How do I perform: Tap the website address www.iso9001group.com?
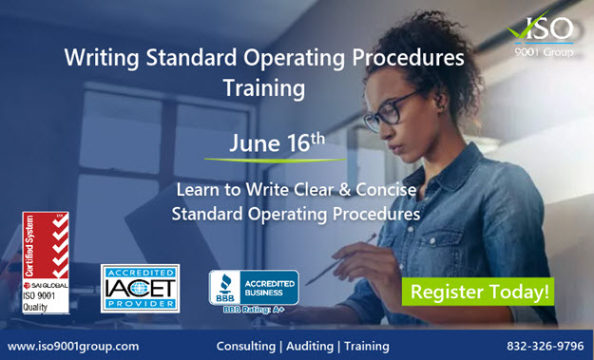(x=73, y=346)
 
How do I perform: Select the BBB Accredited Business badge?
(x=253, y=285)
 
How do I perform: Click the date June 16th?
(x=277, y=143)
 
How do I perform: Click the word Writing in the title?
(x=102, y=58)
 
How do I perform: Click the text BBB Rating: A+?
(x=251, y=311)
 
